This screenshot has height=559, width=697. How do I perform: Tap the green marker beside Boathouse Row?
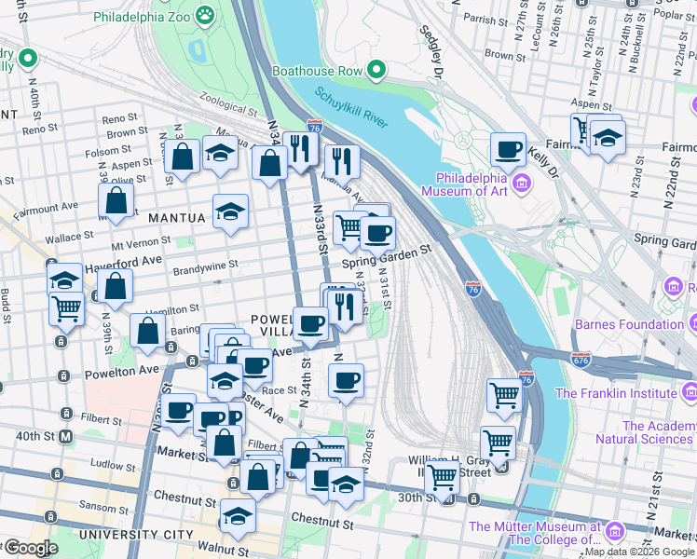(x=376, y=71)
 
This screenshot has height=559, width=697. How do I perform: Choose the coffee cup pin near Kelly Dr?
(x=509, y=150)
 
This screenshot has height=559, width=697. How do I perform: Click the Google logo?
(x=30, y=548)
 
